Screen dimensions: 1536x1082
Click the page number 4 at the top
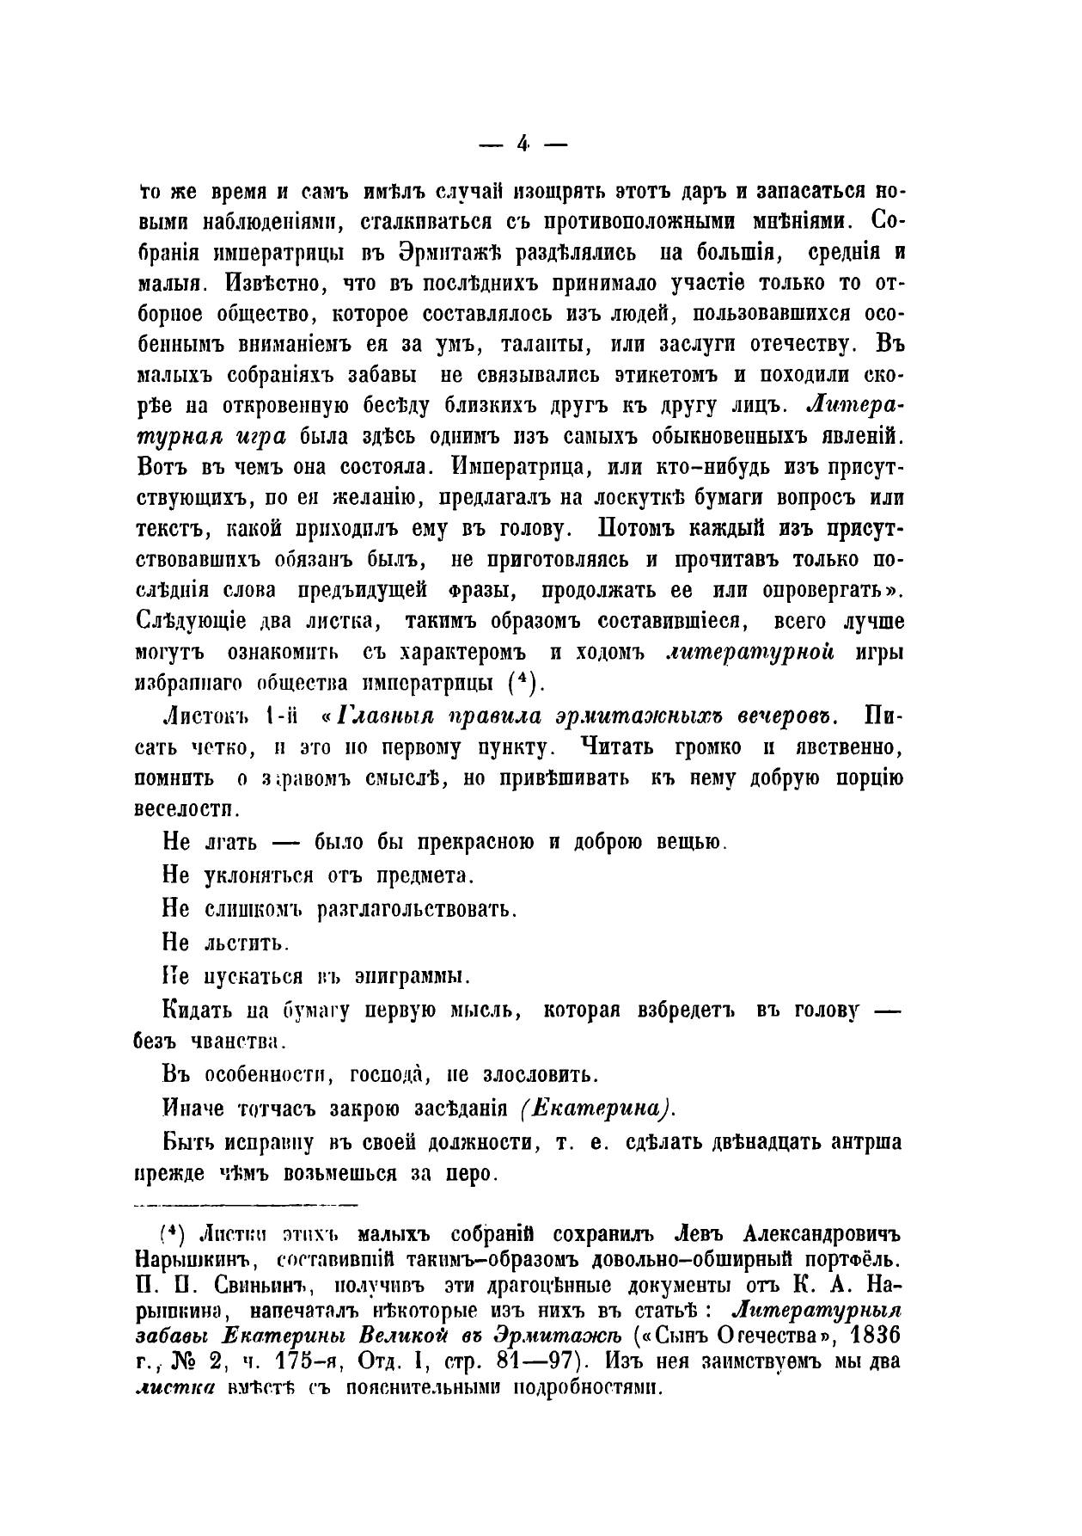(523, 144)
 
